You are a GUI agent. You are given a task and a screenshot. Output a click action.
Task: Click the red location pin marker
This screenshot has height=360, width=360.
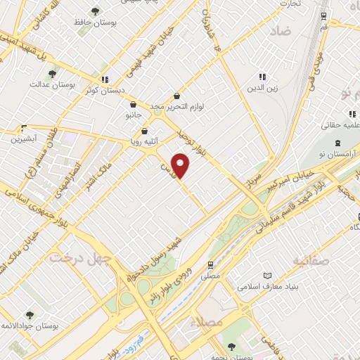181,166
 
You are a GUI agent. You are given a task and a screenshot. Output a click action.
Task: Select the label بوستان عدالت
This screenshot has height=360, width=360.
47,84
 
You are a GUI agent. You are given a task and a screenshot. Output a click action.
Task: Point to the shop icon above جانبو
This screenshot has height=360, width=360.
134,104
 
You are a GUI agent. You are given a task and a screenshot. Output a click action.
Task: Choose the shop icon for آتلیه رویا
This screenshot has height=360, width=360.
145,131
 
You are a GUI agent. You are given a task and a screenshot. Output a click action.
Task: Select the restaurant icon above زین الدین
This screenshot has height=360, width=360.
262,77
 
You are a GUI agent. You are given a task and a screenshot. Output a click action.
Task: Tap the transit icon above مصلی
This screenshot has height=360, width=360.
210,266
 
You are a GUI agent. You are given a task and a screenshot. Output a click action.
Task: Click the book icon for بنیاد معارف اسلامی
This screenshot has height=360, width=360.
266,276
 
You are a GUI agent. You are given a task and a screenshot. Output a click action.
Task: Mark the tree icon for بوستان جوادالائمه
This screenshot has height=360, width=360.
29,314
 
